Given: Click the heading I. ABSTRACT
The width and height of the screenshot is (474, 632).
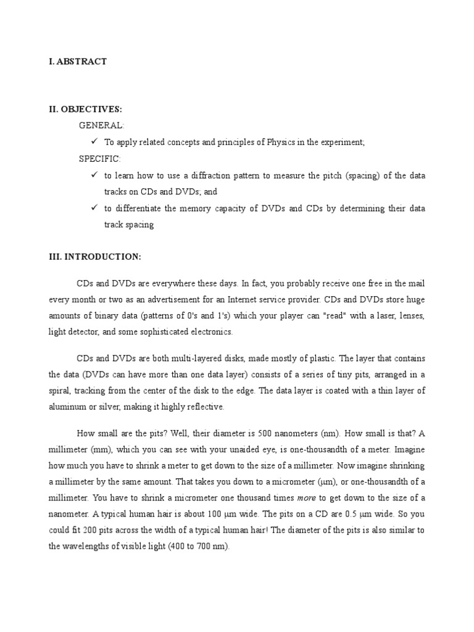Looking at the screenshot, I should [x=78, y=62].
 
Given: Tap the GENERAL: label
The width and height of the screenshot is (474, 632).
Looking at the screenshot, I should [x=101, y=125].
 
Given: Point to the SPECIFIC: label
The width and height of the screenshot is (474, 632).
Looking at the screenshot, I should [x=100, y=159].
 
